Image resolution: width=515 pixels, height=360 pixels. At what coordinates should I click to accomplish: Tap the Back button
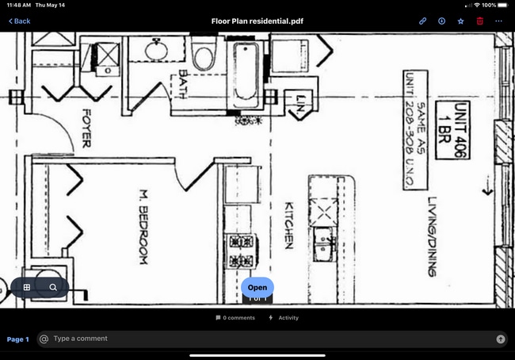pyautogui.click(x=20, y=21)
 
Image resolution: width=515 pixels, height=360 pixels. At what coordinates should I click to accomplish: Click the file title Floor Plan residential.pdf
pyautogui.click(x=257, y=21)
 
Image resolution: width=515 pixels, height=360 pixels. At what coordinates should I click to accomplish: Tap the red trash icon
pyautogui.click(x=479, y=21)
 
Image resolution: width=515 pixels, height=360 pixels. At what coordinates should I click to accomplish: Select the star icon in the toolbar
pyautogui.click(x=460, y=21)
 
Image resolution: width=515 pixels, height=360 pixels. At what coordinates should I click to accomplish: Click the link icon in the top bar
pyautogui.click(x=423, y=21)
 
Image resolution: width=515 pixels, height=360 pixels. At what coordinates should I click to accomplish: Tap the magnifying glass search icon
pyautogui.click(x=53, y=287)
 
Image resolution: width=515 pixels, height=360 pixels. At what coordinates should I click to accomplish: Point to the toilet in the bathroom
pyautogui.click(x=204, y=56)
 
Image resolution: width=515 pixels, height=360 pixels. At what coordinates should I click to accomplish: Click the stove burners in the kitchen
pyautogui.click(x=240, y=251)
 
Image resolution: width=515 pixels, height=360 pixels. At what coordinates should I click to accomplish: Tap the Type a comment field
pyautogui.click(x=269, y=339)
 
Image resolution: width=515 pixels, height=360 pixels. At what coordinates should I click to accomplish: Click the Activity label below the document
pyautogui.click(x=288, y=318)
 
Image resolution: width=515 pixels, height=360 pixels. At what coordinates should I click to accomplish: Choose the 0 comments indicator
pyautogui.click(x=235, y=318)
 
